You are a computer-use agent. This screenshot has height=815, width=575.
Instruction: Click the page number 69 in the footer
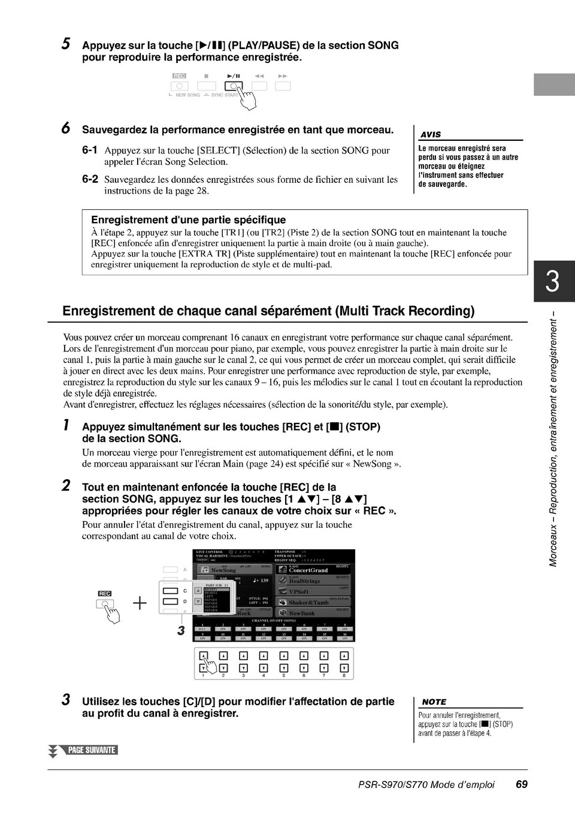tap(521, 784)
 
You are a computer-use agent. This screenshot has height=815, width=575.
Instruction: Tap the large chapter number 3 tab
tap(553, 281)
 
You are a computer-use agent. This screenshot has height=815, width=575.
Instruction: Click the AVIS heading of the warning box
tap(431, 135)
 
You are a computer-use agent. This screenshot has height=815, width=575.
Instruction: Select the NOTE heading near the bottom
tap(434, 702)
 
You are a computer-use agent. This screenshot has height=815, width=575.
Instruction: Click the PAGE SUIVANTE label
tap(91, 750)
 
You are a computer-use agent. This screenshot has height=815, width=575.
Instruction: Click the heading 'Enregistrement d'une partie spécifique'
tap(188, 220)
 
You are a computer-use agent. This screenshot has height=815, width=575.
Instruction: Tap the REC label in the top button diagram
tap(179, 76)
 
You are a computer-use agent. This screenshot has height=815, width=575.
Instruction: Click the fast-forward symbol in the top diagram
tap(283, 76)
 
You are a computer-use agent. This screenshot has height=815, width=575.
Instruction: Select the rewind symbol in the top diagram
tap(259, 76)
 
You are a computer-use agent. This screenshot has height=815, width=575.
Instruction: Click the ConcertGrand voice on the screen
tap(308, 570)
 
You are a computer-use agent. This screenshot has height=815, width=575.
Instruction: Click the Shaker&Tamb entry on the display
tap(308, 603)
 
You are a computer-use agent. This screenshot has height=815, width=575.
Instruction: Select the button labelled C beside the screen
tap(171, 591)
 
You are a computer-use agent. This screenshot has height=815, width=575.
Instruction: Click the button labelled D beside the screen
tap(171, 601)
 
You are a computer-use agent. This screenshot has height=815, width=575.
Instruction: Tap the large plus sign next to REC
tap(140, 602)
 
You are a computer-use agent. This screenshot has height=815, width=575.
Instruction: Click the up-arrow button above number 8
tap(344, 656)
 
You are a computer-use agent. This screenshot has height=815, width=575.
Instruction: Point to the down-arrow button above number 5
tap(283, 667)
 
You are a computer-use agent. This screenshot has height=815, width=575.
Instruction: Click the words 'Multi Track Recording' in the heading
tap(405, 311)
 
